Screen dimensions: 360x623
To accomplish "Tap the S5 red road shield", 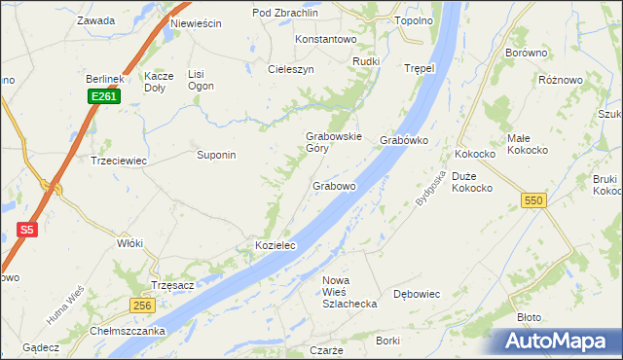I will pyautogui.click(x=27, y=231).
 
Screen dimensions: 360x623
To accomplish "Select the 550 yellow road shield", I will pyautogui.click(x=532, y=199).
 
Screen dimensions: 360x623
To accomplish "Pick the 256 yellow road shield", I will pyautogui.click(x=143, y=306).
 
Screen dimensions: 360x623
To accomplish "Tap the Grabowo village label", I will pyautogui.click(x=334, y=185).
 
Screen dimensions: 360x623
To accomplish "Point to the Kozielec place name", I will pyautogui.click(x=275, y=247).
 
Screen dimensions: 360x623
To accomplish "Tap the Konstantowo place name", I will pyautogui.click(x=326, y=39).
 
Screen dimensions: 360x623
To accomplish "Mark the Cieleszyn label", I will pyautogui.click(x=290, y=70).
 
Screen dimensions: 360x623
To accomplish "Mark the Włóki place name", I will pyautogui.click(x=129, y=243).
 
